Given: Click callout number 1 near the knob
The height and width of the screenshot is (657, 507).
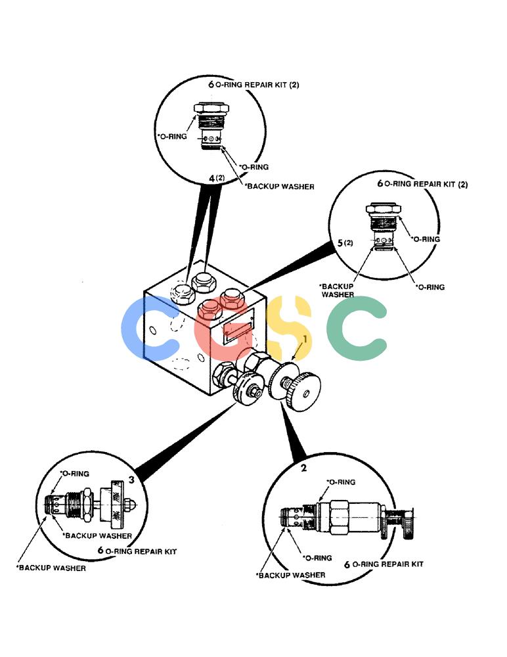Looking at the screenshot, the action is pyautogui.click(x=305, y=339).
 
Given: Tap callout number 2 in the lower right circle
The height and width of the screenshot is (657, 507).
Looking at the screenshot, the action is pyautogui.click(x=304, y=468).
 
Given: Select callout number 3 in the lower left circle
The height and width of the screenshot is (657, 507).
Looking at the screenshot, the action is pyautogui.click(x=131, y=480).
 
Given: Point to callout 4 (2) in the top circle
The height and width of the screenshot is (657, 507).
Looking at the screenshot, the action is pyautogui.click(x=217, y=178).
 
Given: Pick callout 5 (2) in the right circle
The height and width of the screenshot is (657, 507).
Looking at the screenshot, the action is pyautogui.click(x=345, y=243).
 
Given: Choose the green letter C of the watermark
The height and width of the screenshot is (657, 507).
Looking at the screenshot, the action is pyautogui.click(x=356, y=328).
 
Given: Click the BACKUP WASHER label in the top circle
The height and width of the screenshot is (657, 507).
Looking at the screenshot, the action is pyautogui.click(x=280, y=187).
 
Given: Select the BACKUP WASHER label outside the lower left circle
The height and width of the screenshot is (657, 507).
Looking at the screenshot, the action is pyautogui.click(x=51, y=568).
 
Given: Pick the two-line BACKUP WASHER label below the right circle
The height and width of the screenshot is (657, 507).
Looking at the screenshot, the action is pyautogui.click(x=337, y=290).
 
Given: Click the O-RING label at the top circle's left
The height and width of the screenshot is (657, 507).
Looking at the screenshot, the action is pyautogui.click(x=172, y=137).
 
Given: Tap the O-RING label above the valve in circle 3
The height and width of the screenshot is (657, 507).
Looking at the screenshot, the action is pyautogui.click(x=75, y=474).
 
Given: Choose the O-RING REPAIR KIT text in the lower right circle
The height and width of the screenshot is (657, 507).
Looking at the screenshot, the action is pyautogui.click(x=388, y=564).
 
